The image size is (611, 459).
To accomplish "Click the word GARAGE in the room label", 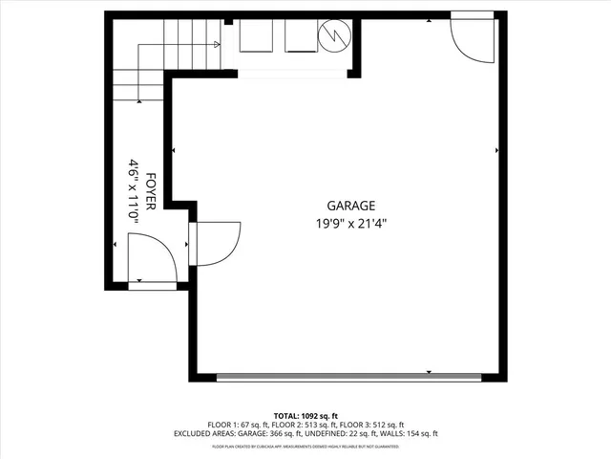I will [350, 206].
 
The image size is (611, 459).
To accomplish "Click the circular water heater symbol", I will [335, 36].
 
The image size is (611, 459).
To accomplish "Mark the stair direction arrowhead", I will [218, 44].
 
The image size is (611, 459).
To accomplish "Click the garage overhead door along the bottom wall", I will [349, 377].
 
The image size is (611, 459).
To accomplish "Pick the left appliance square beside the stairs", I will [255, 37].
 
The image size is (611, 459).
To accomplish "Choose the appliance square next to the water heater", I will [300, 37].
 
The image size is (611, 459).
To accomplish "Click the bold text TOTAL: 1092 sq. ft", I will [305, 416].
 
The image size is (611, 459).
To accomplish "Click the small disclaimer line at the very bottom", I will [305, 446].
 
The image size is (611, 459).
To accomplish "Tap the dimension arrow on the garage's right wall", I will [496, 150].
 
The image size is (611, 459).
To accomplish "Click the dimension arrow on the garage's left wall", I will [173, 150].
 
